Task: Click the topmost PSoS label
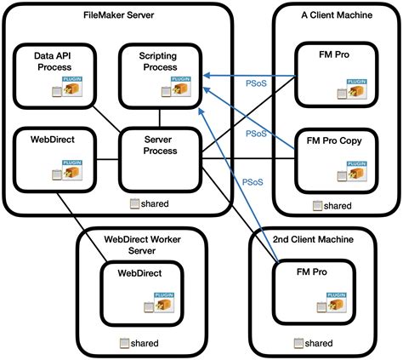[256, 83]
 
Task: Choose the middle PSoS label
[256, 134]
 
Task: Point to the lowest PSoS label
[253, 181]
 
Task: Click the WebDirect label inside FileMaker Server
[48, 139]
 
